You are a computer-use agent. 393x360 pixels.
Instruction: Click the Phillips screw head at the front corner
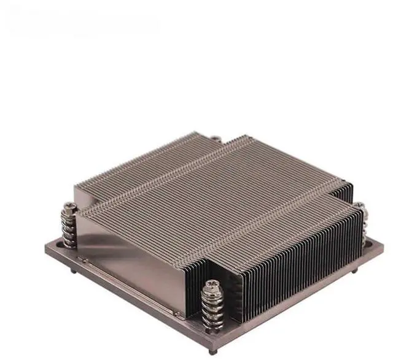(211, 285)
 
